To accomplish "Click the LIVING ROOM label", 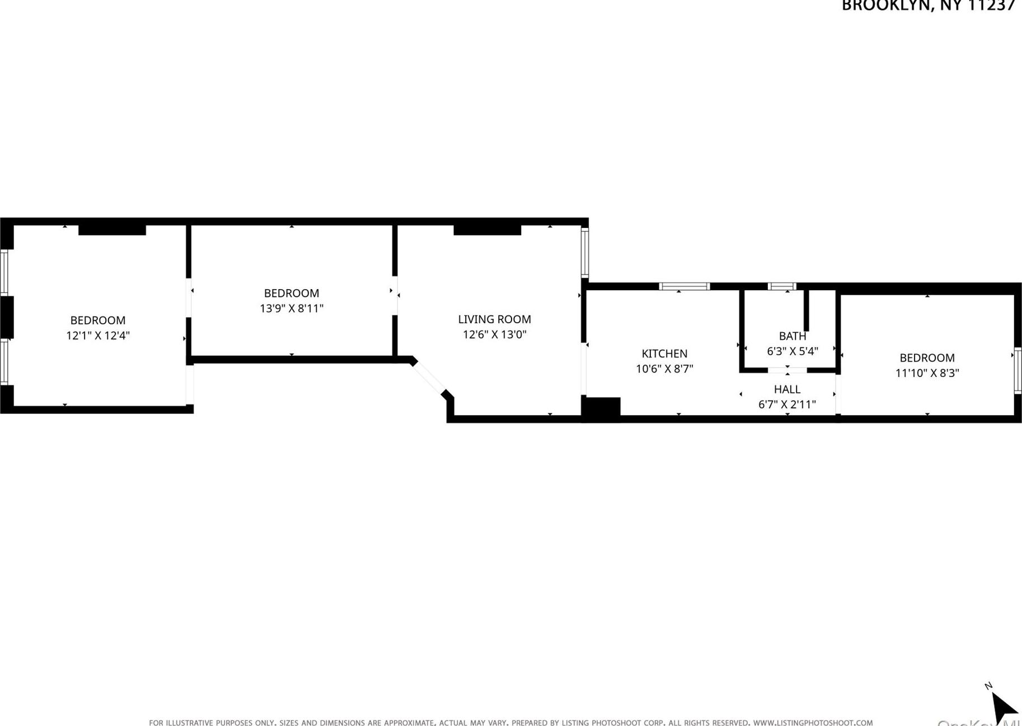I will click(494, 319).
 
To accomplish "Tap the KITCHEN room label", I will click(664, 353).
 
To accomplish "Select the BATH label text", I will click(792, 336).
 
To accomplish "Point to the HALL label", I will click(786, 389).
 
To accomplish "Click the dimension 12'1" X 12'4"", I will click(98, 336).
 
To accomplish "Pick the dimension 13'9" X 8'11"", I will click(291, 309).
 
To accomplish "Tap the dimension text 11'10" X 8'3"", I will click(927, 373).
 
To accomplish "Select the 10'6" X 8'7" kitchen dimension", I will click(664, 369).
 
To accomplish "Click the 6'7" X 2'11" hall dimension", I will click(786, 404).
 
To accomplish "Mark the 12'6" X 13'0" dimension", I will click(494, 335).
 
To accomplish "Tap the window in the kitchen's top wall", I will click(684, 286).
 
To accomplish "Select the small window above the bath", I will click(781, 286).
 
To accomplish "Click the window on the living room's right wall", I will click(585, 253).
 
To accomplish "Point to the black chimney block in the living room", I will click(487, 230).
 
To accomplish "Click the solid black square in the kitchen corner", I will click(601, 407).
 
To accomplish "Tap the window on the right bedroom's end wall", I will click(1018, 370).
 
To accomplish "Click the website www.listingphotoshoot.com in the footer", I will click(813, 723).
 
